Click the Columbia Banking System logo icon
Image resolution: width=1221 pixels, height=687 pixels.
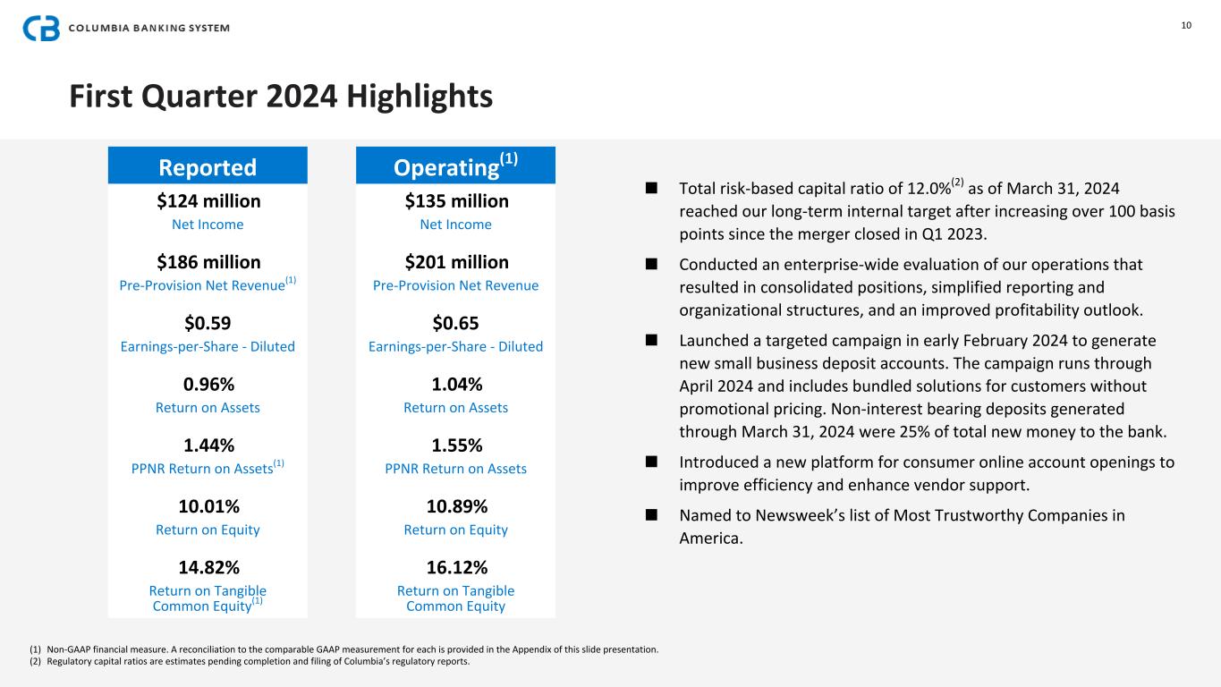tap(41, 28)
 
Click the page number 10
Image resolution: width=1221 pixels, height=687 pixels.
tap(1186, 25)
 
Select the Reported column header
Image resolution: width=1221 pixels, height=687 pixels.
tap(208, 167)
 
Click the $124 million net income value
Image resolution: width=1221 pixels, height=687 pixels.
tap(208, 200)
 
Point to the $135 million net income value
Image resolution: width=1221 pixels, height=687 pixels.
tap(456, 200)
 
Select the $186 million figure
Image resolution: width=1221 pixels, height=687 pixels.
tap(208, 262)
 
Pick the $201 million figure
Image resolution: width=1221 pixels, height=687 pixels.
tap(456, 262)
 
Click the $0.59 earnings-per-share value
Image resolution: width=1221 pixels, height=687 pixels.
tap(208, 323)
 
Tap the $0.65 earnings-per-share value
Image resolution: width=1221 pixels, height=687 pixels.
tap(456, 323)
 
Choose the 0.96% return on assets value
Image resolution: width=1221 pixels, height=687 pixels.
tap(208, 384)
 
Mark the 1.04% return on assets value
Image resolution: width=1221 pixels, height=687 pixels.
tap(456, 384)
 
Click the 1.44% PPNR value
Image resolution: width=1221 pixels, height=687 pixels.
tap(208, 445)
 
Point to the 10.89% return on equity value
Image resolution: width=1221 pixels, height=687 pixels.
tap(456, 506)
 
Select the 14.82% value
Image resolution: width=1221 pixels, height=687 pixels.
tap(208, 567)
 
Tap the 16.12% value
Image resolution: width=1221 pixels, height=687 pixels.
tap(456, 567)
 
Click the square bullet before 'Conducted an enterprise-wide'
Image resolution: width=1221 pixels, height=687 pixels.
tap(651, 265)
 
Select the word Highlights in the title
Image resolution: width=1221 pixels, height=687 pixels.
tap(418, 96)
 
